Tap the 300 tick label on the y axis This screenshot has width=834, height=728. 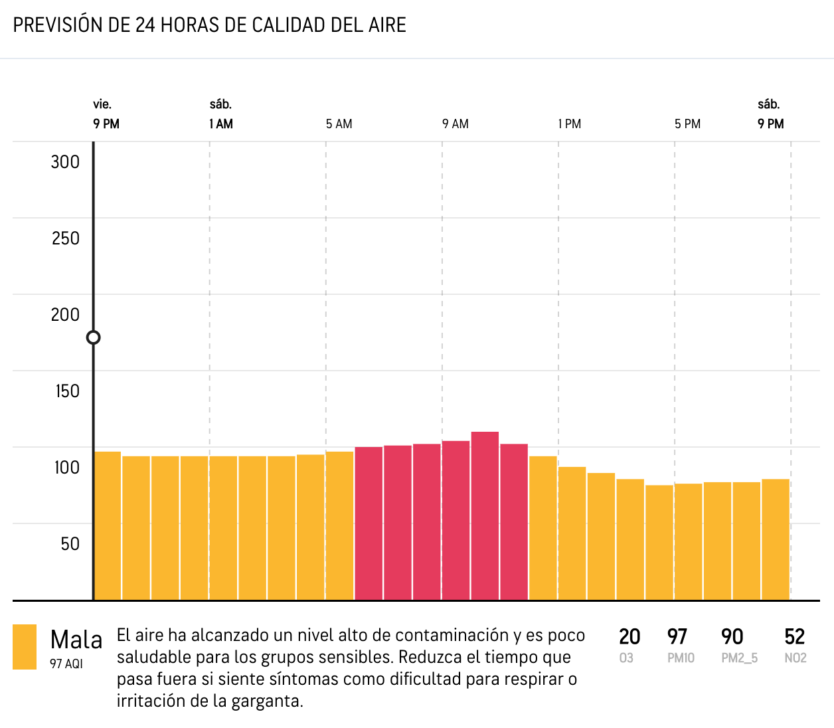click(65, 162)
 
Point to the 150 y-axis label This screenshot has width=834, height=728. click(67, 391)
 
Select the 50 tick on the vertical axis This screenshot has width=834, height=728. click(70, 544)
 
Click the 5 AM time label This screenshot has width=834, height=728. click(339, 124)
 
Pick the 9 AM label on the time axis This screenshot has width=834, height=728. click(456, 124)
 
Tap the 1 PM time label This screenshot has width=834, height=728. click(570, 124)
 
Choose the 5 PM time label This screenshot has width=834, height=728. click(687, 124)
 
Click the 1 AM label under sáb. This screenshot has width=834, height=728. click(221, 124)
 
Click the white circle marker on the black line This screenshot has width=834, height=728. click(94, 337)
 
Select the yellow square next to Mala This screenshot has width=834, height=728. click(25, 646)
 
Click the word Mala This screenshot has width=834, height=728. click(76, 640)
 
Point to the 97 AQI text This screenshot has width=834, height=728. click(66, 664)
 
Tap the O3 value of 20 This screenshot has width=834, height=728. click(629, 637)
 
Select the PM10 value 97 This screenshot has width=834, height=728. click(677, 637)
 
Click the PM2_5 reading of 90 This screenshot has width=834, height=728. click(732, 637)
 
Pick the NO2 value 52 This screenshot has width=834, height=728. click(795, 637)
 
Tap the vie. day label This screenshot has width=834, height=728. click(102, 104)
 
